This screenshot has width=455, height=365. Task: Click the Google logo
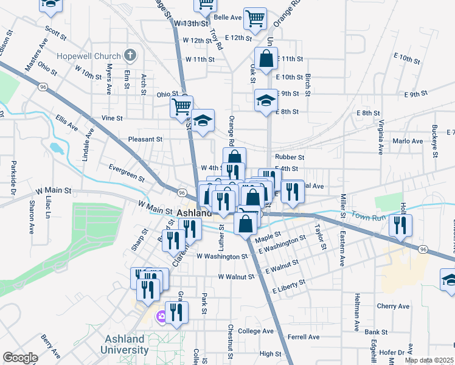[x=20, y=358]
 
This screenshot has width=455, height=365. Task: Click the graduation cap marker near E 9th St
[x=265, y=100]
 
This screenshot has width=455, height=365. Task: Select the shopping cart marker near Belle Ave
[x=255, y=18]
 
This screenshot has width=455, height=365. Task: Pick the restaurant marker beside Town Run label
[x=400, y=224]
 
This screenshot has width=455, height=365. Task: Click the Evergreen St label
[x=127, y=173]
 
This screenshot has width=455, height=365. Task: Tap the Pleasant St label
[x=145, y=139]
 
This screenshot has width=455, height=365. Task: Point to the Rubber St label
[x=290, y=157]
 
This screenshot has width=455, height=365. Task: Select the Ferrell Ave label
[x=304, y=336]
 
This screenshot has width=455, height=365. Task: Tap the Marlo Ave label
[x=408, y=141]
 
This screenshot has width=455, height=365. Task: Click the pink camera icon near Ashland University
[x=161, y=316]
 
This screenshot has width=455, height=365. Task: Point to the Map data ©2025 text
[x=429, y=360]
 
